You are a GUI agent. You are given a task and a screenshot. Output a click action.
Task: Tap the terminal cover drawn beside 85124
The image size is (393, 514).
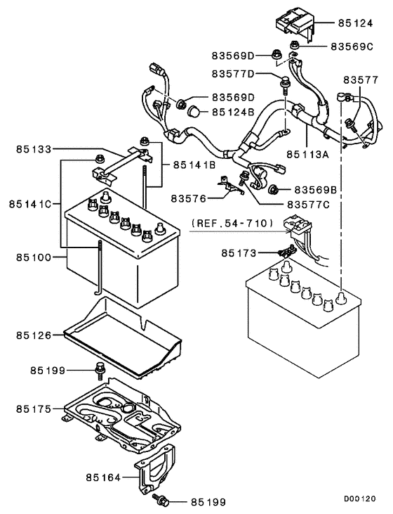click(x=295, y=23)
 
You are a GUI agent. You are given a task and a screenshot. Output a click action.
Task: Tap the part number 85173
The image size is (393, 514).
click(x=241, y=252)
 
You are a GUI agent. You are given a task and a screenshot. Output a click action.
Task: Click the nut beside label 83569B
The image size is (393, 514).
click(x=274, y=190)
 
